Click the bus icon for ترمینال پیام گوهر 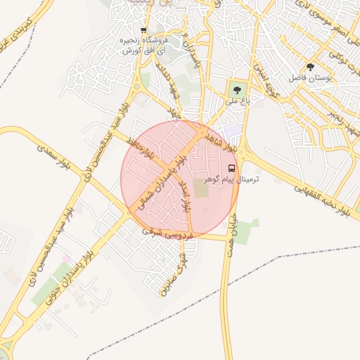click(232, 168)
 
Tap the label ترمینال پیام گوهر click(231, 181)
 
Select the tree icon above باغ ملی click(236, 89)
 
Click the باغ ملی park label click(238, 101)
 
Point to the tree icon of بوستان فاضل click(310, 67)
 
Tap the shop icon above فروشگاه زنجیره click(143, 30)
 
